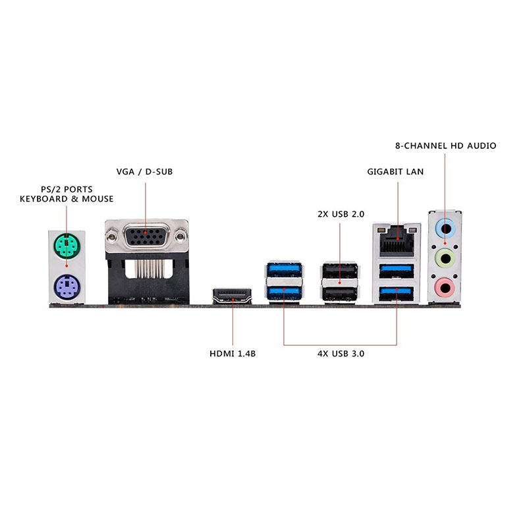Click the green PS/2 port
click(x=67, y=247)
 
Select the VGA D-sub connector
click(x=146, y=236)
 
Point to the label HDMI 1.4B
click(x=233, y=354)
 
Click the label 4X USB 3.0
click(x=341, y=354)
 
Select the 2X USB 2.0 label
click(x=341, y=213)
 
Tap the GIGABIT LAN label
click(x=395, y=172)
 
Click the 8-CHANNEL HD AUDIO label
click(x=446, y=146)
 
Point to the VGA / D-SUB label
click(x=144, y=172)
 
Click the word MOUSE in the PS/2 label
click(x=97, y=199)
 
